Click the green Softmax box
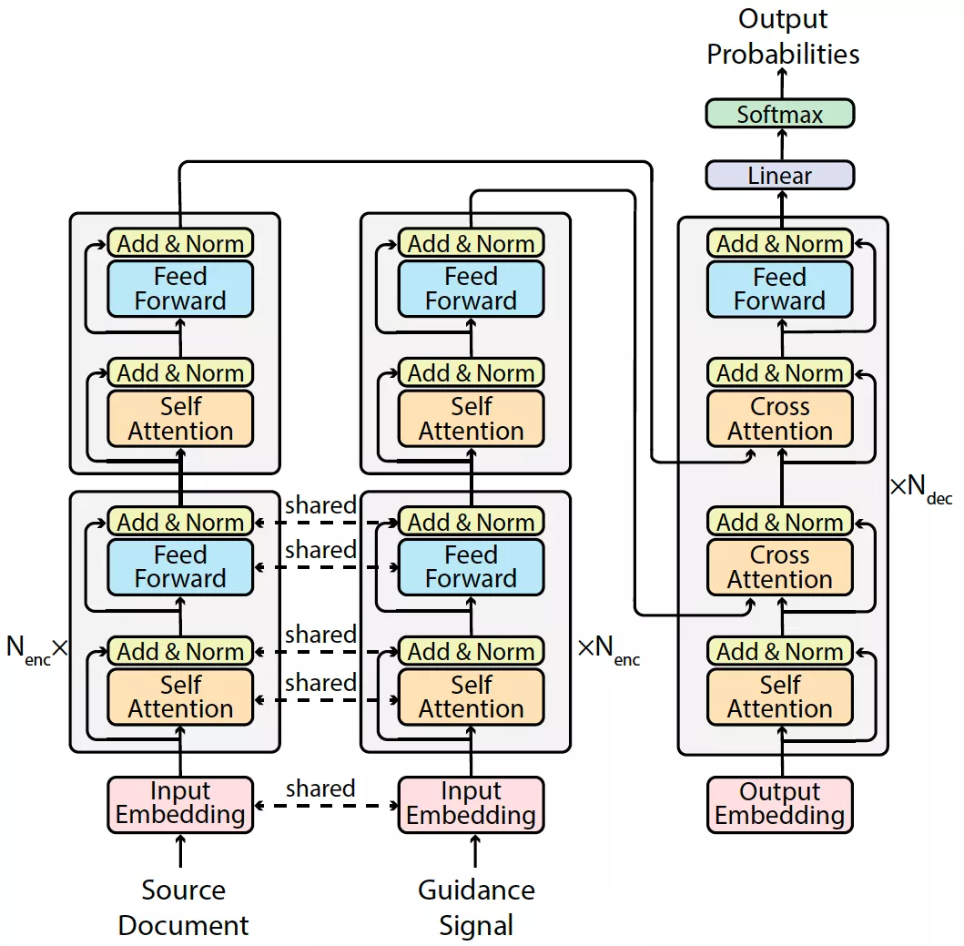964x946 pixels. point(780,114)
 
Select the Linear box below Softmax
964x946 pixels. point(780,175)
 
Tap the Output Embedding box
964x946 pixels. point(780,804)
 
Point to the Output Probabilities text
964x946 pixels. point(783,36)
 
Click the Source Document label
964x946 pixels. point(183,908)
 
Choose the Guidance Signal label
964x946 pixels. point(476,908)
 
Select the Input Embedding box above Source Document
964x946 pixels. point(180,804)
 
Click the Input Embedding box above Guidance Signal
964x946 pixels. point(472,804)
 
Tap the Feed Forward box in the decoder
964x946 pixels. point(780,289)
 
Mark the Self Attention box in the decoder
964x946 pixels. point(780,697)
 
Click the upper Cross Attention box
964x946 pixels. point(780,419)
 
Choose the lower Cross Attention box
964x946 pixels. point(780,567)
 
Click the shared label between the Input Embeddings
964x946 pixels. point(320,788)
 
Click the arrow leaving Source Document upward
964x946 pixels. point(180,852)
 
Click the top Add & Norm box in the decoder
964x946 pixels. point(780,243)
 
